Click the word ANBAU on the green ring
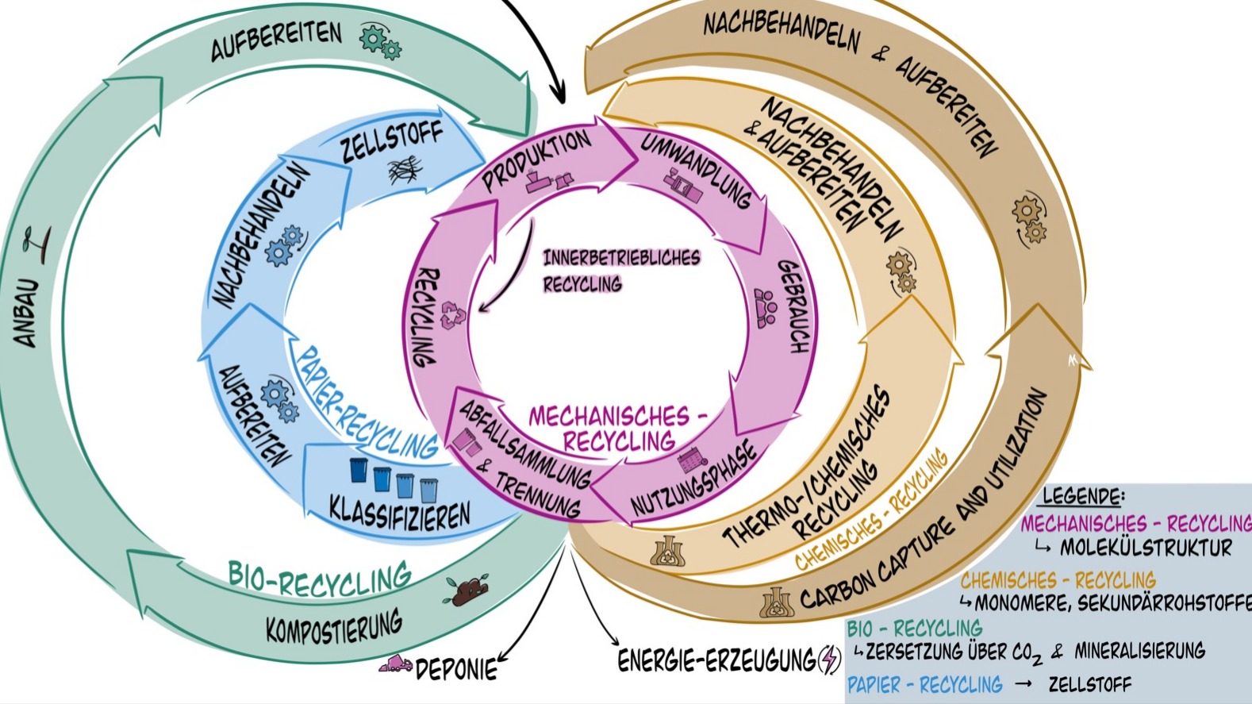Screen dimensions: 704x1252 click(26, 314)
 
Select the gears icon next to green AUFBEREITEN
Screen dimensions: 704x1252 click(380, 40)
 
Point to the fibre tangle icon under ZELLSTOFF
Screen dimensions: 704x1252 click(405, 170)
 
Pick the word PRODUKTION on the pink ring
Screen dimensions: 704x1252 click(536, 160)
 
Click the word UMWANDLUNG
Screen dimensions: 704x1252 click(696, 167)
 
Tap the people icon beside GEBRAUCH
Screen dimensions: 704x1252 click(766, 308)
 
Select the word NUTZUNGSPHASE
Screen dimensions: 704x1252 click(695, 480)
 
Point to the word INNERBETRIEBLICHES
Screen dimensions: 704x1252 click(621, 258)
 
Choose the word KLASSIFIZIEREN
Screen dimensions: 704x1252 click(400, 513)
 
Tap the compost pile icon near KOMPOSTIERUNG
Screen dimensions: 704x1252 click(467, 591)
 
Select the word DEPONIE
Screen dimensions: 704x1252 click(457, 668)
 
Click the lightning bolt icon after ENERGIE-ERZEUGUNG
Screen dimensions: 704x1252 click(829, 659)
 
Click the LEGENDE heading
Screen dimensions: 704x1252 click(1083, 497)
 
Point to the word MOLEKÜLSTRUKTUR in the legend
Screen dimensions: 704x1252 click(1146, 548)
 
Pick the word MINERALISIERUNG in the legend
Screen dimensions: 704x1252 click(1139, 652)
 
